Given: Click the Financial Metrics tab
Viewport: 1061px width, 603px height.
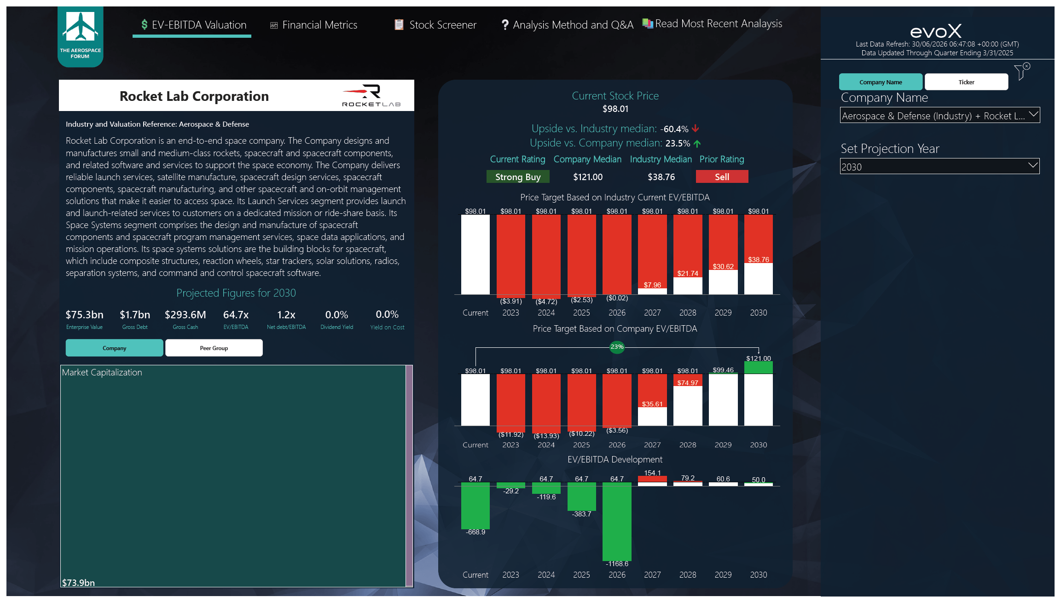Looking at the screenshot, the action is [313, 25].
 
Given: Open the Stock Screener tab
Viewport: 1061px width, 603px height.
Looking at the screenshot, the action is [435, 25].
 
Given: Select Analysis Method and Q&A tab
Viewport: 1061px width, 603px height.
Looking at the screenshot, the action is [567, 25].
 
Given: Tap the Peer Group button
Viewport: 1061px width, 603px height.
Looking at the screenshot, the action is [214, 348].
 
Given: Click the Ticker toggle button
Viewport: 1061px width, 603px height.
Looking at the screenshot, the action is [966, 82].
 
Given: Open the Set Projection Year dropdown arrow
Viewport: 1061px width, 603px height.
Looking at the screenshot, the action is [1033, 165].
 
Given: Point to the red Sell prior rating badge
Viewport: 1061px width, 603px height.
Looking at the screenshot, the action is [722, 177].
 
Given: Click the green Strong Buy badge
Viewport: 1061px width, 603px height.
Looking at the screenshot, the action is [518, 177].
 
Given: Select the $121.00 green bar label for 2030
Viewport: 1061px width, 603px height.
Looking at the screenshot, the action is [758, 358].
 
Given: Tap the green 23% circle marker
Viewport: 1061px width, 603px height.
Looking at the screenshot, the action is [617, 347].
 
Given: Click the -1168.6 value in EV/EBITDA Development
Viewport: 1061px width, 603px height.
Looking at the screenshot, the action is [617, 564].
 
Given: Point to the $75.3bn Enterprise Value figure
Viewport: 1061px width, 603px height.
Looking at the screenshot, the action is [84, 315].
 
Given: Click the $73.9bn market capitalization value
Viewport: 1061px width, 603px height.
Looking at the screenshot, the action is [79, 582].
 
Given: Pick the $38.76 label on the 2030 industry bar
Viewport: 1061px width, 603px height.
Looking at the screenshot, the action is [758, 260].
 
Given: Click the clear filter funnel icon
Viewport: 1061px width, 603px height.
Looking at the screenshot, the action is [1022, 71].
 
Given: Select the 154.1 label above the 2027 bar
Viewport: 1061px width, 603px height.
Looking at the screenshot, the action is [652, 473].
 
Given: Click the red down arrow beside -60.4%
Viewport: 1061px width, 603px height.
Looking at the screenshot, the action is [696, 129].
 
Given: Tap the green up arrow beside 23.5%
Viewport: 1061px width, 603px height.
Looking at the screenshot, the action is [697, 144].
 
